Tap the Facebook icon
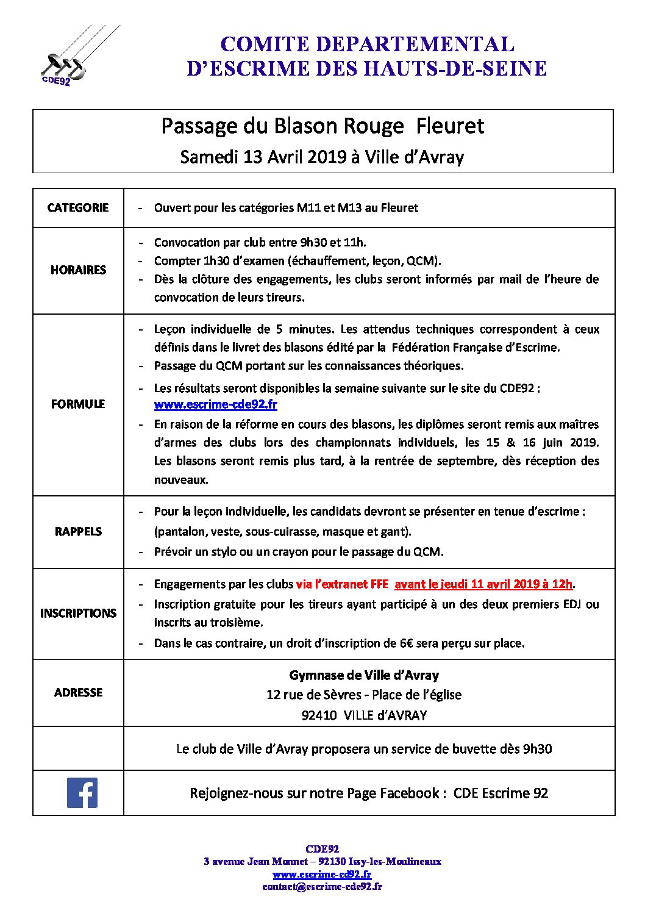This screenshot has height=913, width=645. click(82, 793)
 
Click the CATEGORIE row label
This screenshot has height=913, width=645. click(78, 208)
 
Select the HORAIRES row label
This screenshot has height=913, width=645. click(78, 270)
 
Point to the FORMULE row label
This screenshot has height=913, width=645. click(78, 404)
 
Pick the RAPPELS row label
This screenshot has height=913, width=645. click(78, 531)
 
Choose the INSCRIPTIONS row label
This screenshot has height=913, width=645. click(78, 613)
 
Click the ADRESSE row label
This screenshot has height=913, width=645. click(78, 692)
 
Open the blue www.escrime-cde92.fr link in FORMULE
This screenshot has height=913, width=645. click(215, 404)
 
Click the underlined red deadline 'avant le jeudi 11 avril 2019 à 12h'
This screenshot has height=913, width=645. click(483, 584)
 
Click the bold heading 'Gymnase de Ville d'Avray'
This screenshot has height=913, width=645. click(364, 675)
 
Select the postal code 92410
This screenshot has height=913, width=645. click(319, 715)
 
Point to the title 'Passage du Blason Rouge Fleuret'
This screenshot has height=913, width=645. click(322, 126)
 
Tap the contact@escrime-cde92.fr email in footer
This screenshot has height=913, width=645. click(322, 887)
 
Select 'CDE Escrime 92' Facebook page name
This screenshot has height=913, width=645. click(501, 793)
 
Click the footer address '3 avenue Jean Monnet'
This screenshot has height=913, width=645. click(255, 862)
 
